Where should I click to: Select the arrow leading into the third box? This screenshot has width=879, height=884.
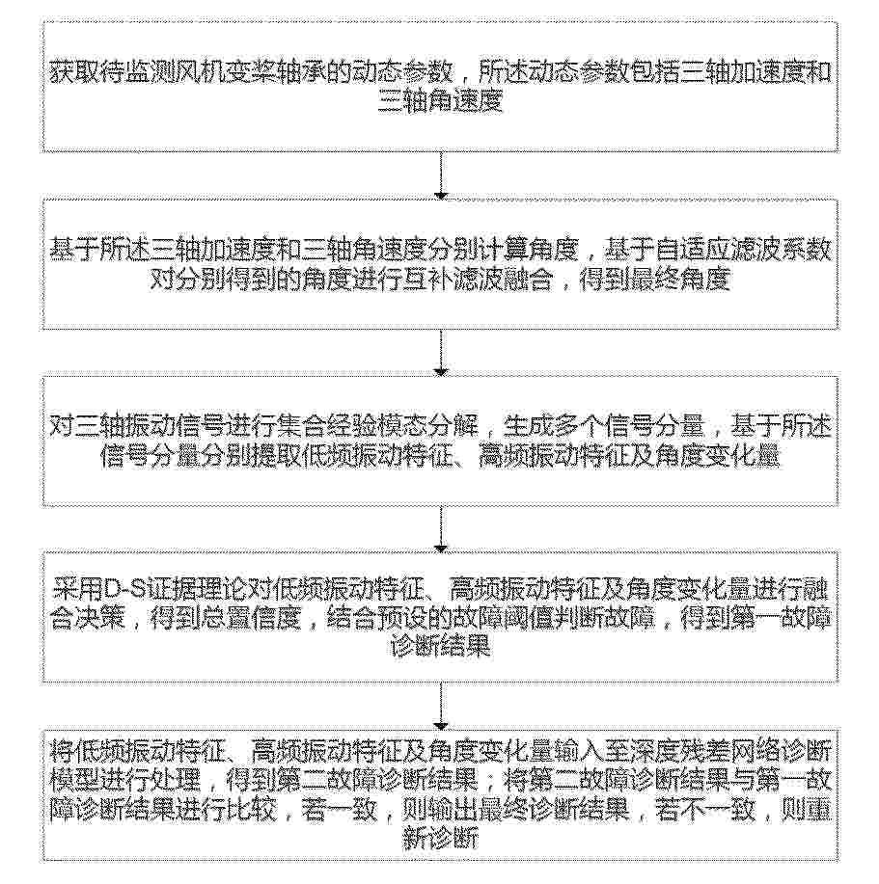440,350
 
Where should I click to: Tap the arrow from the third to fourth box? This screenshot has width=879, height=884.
440,527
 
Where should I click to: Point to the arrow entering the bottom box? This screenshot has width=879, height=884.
440,706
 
